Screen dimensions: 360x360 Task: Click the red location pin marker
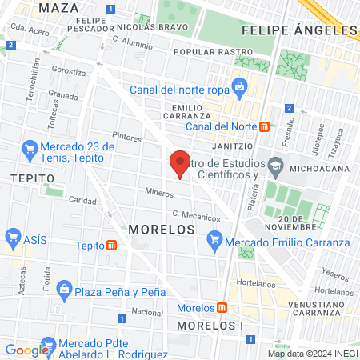[x=181, y=163]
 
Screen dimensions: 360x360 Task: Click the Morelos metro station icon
[x=220, y=308]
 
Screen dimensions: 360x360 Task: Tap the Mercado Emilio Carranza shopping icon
[x=214, y=239]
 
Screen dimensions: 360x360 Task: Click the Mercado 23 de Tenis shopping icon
[x=30, y=148]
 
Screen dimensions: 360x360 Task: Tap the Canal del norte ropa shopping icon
[x=238, y=86]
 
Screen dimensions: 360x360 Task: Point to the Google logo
[x=26, y=350]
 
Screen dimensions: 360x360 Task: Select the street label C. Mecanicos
[x=196, y=216]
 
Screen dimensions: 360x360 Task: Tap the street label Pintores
[x=126, y=138]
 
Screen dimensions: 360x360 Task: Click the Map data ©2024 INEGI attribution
[x=313, y=354]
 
